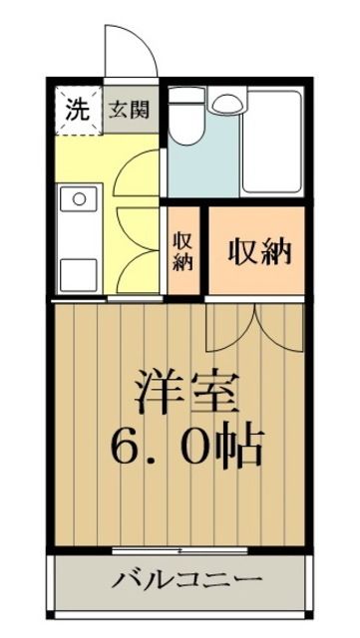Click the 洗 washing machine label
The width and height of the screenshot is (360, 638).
pos(76,108)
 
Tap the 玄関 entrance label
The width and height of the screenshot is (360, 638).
pos(130,109)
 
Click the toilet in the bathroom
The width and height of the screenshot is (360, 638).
pos(187,125)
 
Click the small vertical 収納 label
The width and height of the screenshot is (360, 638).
pos(183,251)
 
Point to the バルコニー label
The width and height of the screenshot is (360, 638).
pos(186,579)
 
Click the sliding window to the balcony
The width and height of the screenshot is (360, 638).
pos(180,549)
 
